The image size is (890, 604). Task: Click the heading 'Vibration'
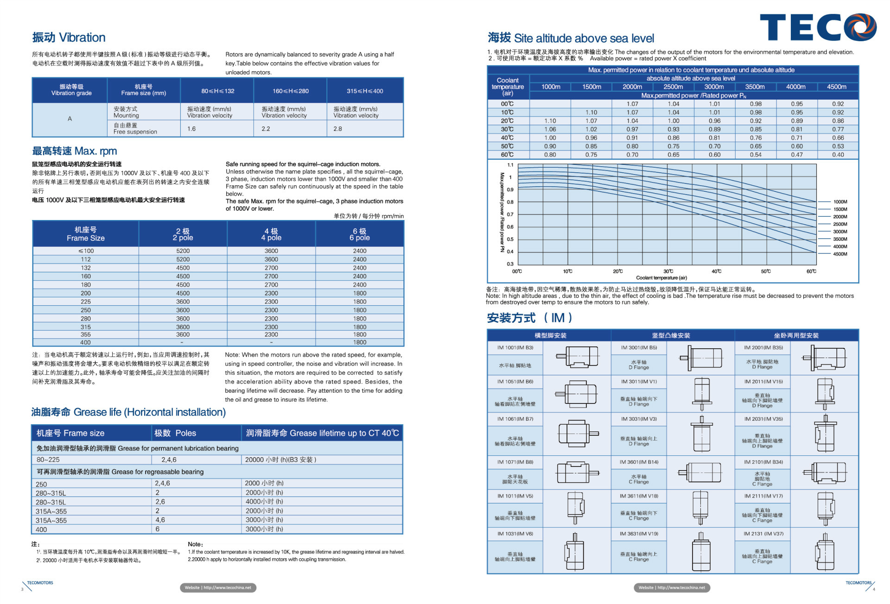(69, 38)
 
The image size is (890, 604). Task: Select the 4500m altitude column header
(837, 87)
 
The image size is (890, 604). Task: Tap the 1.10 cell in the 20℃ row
(550, 121)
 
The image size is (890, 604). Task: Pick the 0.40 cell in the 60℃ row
(838, 155)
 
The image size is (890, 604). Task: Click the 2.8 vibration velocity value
(337, 129)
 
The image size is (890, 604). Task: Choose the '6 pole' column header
(360, 234)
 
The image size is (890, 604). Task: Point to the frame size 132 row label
(86, 268)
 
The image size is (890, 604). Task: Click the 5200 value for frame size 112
(183, 259)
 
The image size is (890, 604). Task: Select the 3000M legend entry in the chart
(840, 232)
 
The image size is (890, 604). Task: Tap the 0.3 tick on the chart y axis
(510, 264)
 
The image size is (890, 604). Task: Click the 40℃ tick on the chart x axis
(717, 271)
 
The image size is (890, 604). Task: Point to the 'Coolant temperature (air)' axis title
(661, 278)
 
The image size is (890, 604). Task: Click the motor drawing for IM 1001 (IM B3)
(578, 357)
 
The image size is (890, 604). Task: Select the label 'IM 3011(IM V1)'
(639, 382)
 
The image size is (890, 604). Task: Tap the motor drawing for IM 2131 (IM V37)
(825, 553)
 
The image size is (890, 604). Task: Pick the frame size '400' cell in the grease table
(41, 529)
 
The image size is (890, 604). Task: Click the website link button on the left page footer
(218, 588)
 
